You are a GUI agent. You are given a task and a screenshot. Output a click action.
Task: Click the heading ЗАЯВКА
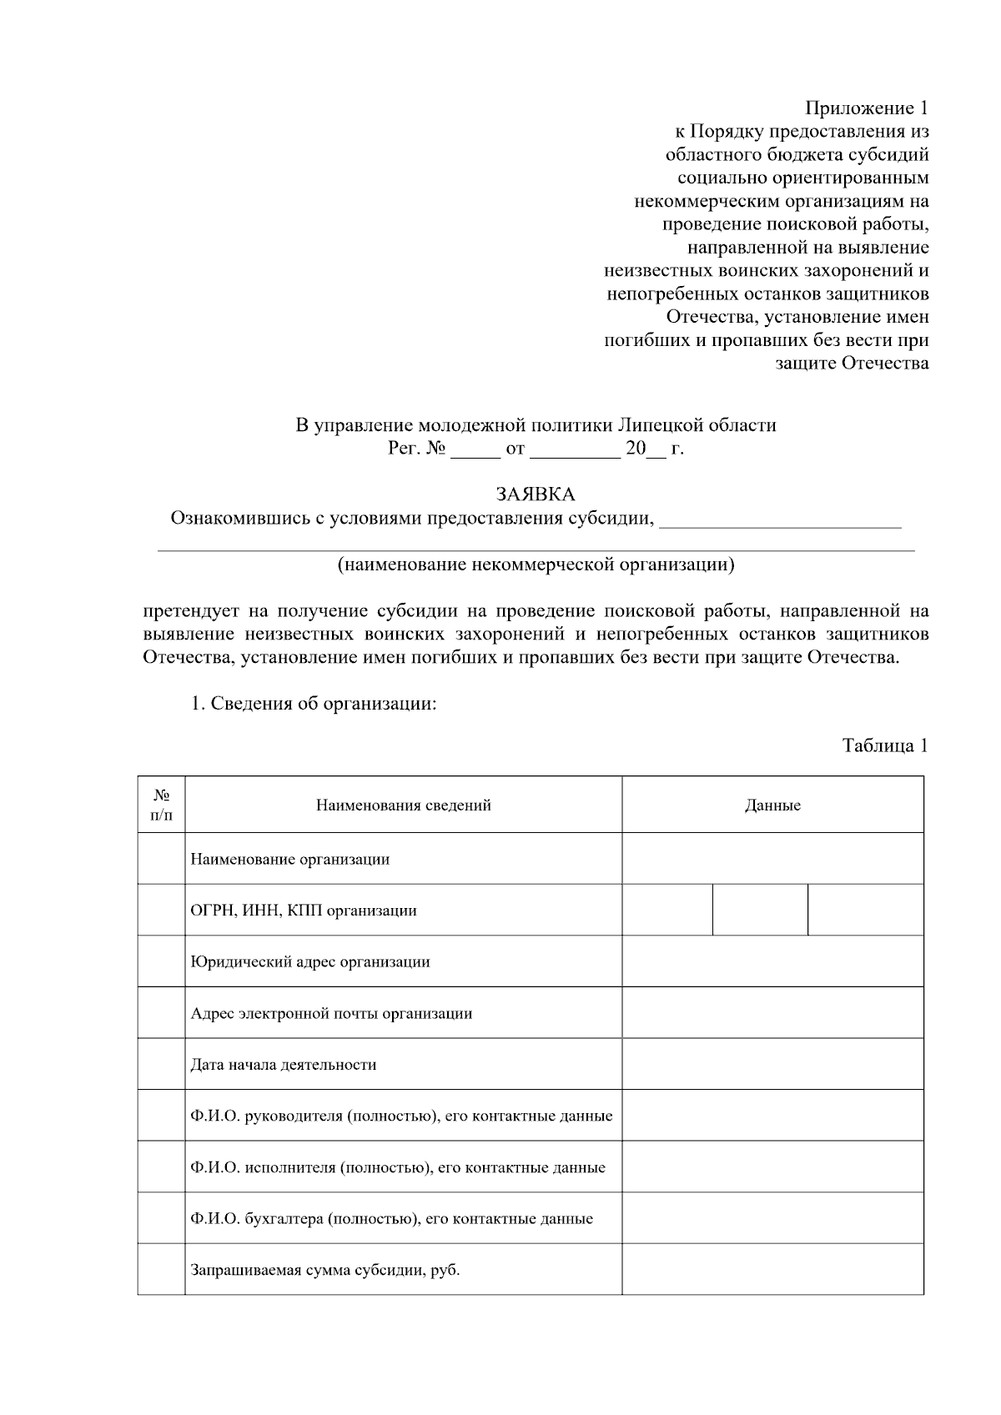[536, 495]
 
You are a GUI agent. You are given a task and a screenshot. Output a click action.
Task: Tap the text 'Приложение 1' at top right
[866, 108]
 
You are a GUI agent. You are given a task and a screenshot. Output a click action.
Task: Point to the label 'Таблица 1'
[885, 745]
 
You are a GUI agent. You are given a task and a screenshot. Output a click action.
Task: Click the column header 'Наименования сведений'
[403, 805]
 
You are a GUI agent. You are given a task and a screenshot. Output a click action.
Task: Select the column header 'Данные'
[772, 805]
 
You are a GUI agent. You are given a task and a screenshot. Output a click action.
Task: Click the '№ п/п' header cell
[162, 805]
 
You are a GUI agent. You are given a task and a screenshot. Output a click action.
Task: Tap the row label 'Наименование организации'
[290, 859]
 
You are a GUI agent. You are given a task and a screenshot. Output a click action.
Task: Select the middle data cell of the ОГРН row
[760, 910]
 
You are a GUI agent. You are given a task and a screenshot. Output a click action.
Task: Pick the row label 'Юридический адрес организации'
[310, 961]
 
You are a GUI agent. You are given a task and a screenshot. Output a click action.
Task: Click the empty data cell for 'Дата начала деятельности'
[772, 1064]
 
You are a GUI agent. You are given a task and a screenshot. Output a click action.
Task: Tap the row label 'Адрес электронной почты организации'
[331, 1013]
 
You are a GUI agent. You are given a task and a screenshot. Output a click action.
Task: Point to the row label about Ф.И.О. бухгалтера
[391, 1218]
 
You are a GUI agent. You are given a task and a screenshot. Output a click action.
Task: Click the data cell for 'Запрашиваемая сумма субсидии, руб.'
[772, 1270]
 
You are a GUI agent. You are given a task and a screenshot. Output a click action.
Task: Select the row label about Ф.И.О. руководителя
[401, 1116]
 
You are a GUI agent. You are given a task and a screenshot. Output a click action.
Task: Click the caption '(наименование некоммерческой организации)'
[536, 565]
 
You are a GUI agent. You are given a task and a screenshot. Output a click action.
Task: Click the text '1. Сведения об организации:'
[314, 704]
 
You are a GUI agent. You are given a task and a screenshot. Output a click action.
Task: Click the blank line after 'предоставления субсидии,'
[780, 521]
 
